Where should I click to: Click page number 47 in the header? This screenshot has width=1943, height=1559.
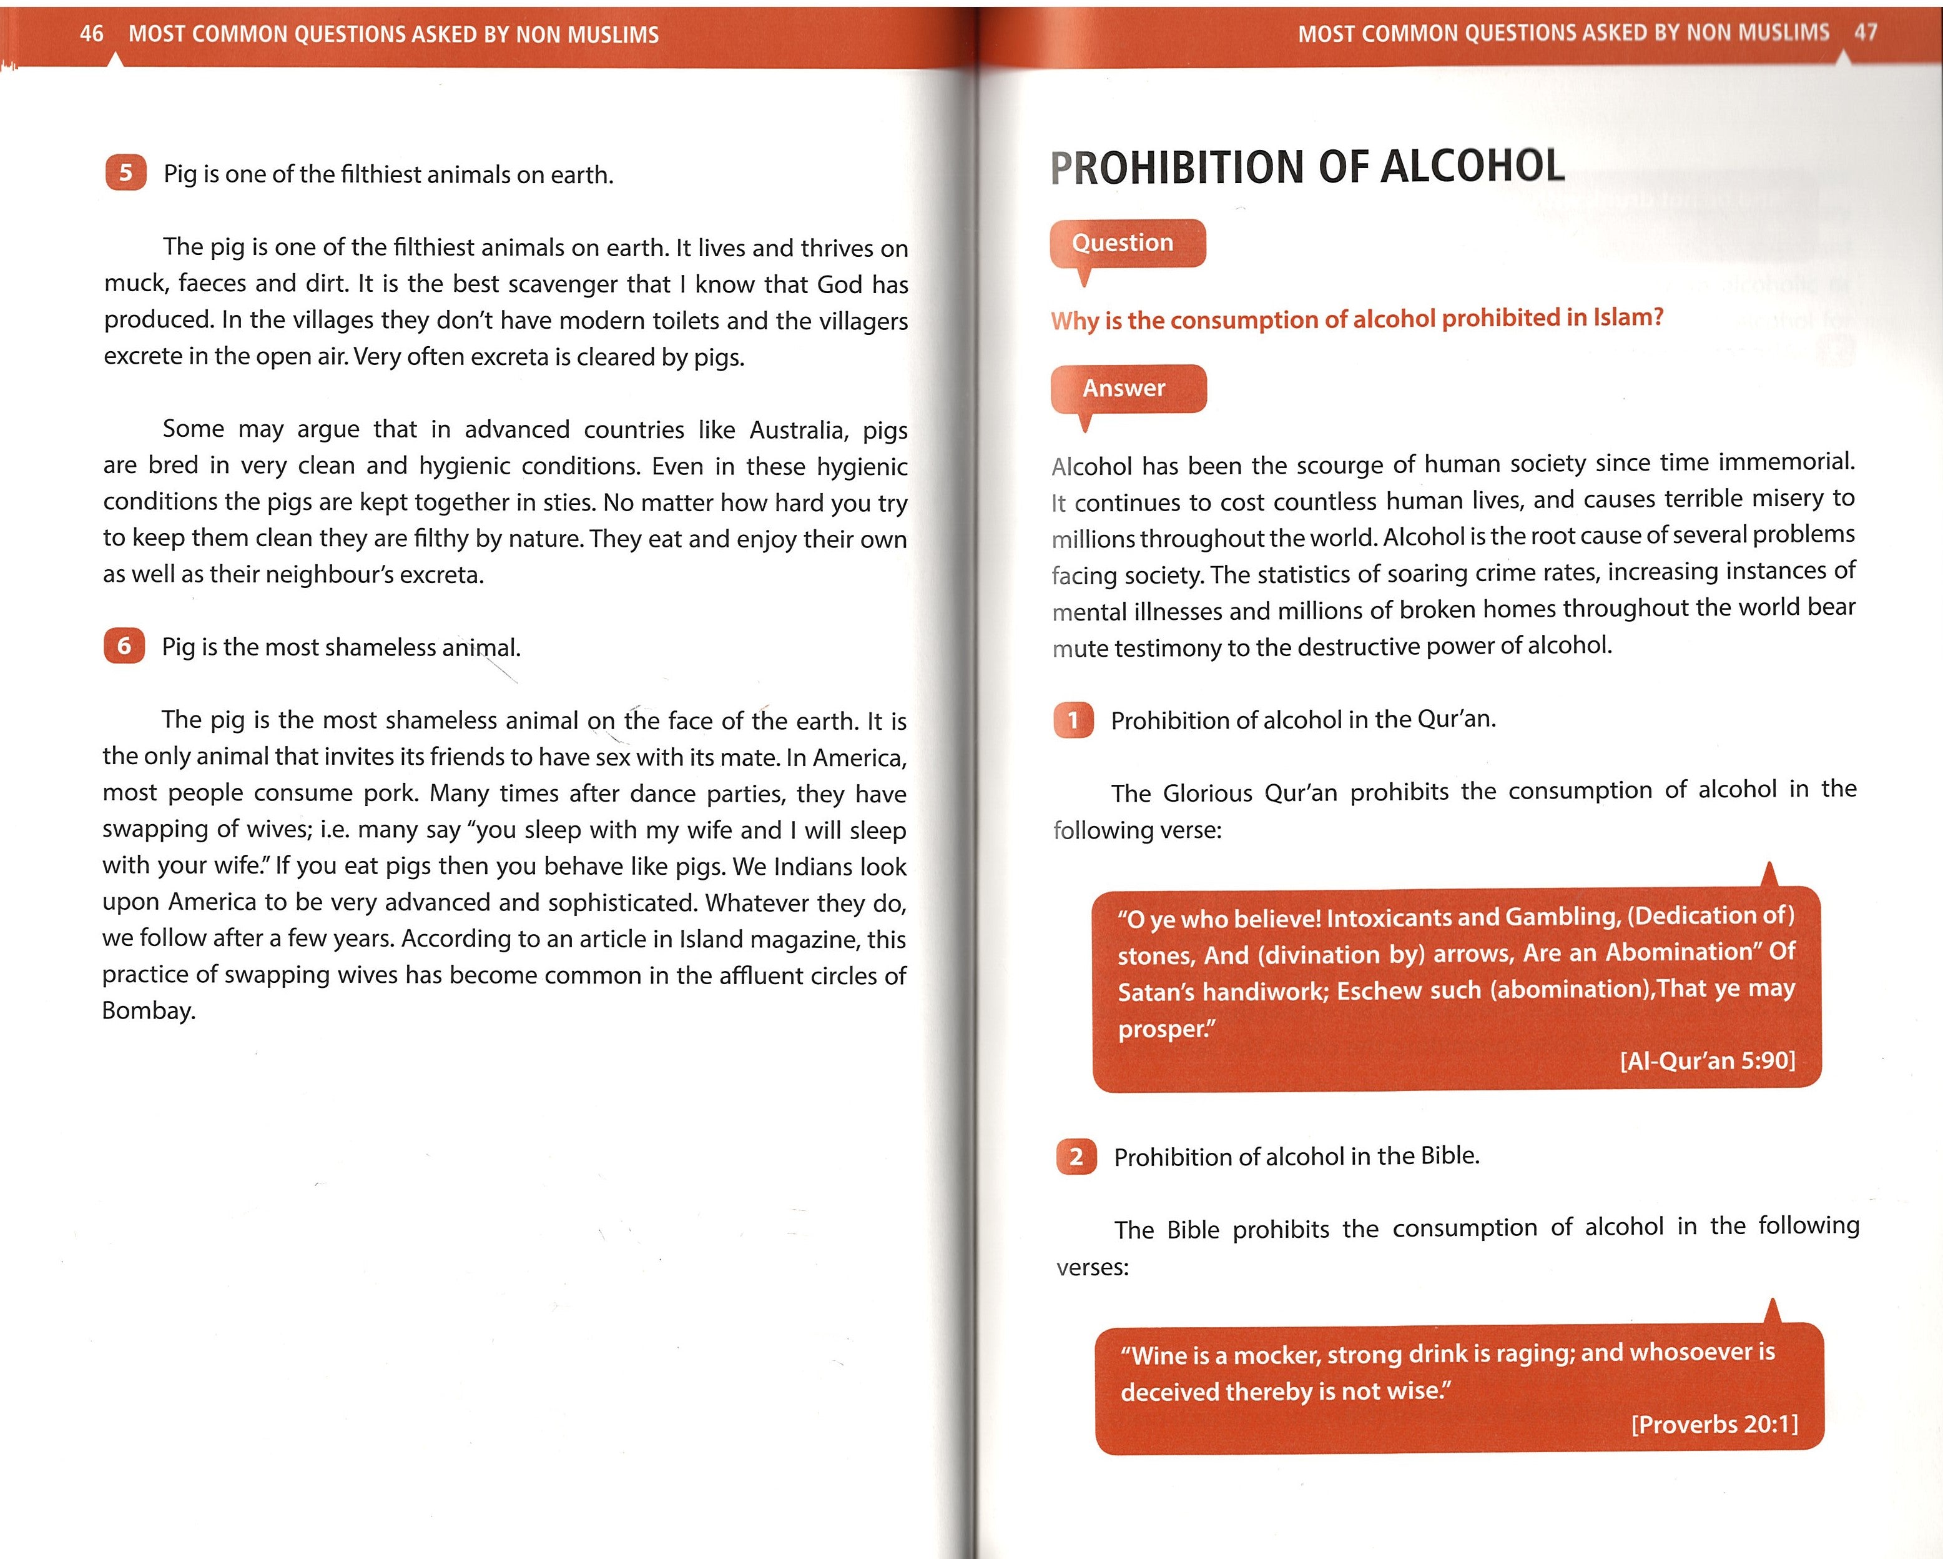[1866, 32]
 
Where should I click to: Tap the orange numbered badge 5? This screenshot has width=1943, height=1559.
[125, 172]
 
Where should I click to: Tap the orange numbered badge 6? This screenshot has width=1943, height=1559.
[124, 645]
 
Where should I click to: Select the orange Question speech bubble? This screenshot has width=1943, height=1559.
[1126, 244]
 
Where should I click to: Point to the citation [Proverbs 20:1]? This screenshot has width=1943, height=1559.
[1714, 1425]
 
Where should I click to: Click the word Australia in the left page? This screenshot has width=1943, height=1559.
[799, 430]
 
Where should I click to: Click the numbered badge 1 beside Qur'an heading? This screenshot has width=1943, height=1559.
[1073, 720]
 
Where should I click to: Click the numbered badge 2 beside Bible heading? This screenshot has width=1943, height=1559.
[1076, 1157]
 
